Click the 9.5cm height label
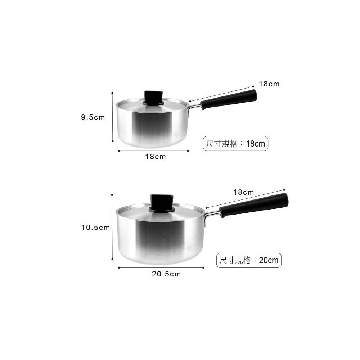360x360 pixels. click(93, 118)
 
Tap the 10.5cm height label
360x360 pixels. click(95, 228)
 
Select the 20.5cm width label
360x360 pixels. click(166, 274)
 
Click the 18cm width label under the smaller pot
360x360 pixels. click(155, 157)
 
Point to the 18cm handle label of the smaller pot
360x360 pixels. click(269, 84)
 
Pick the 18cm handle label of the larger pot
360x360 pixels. click(243, 192)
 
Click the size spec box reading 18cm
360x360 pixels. click(235, 144)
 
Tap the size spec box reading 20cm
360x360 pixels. click(249, 260)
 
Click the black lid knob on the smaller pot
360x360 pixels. click(153, 98)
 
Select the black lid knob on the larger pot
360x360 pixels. click(161, 203)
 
